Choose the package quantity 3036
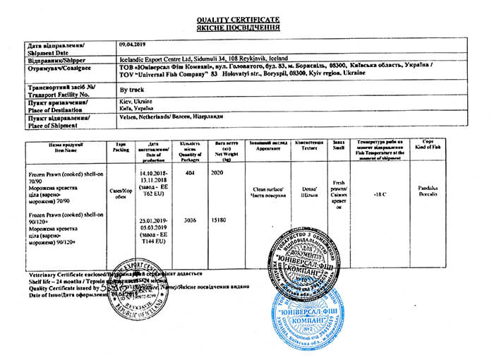point(188,220)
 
